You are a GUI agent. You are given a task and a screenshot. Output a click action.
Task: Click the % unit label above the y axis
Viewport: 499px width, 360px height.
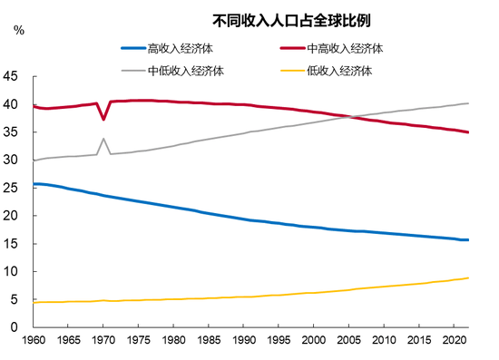point(19,31)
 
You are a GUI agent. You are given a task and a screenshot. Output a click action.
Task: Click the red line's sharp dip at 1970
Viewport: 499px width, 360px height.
point(103,119)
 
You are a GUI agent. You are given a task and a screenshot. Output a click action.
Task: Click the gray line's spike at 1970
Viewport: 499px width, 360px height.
point(103,140)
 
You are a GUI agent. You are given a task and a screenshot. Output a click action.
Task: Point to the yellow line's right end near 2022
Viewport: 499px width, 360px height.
point(468,277)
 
